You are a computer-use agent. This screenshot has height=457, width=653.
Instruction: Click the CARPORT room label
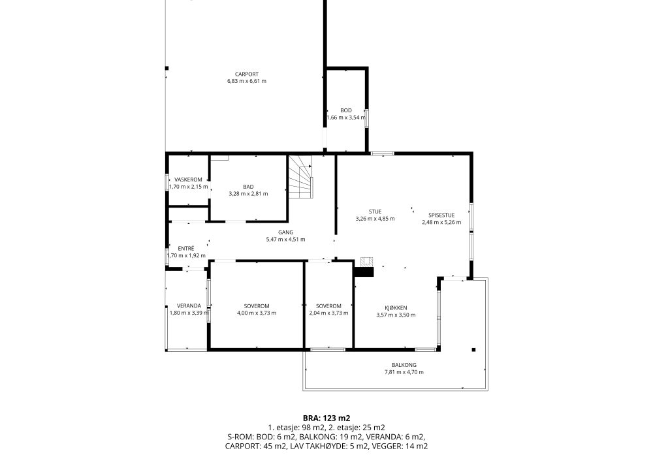point(247,74)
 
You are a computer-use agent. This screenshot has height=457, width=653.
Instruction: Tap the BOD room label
point(346,110)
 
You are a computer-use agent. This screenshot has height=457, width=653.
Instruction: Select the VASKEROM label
point(188,180)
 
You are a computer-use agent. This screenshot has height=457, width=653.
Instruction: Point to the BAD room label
point(248,187)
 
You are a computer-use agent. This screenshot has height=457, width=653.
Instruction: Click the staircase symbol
point(301,177)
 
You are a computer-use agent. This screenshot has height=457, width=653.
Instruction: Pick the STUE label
point(375,212)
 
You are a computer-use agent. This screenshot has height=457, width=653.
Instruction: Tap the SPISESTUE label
point(441,215)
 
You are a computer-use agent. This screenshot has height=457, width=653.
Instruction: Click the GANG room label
point(286,232)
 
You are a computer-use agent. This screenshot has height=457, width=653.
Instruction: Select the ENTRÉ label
point(185,249)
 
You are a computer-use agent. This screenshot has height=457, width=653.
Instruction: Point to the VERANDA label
point(189,306)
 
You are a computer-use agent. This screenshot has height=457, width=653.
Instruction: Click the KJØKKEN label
point(396,307)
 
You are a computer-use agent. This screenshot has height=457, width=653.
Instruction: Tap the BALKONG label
point(404,364)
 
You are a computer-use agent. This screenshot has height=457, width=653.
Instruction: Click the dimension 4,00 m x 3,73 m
point(257,313)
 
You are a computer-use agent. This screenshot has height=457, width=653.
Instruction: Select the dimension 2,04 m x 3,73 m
point(328,313)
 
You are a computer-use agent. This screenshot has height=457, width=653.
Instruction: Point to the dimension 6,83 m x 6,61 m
point(247,81)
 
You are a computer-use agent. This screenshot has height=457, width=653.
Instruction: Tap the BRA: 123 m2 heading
point(326,418)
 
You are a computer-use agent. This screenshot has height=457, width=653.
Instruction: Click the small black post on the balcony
point(473,350)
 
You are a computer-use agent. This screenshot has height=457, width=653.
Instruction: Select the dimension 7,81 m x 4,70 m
point(404,372)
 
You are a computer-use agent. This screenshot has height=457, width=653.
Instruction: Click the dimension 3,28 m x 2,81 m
point(248,193)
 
